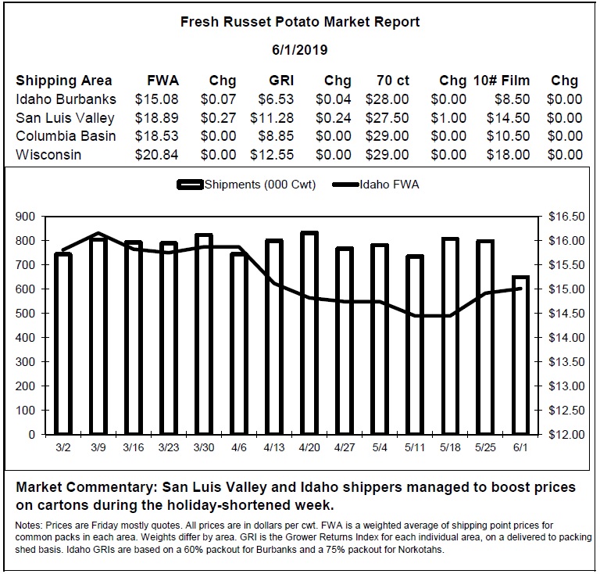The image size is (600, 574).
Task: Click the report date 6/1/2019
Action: coord(300,50)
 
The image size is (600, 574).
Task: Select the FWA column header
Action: coord(163,81)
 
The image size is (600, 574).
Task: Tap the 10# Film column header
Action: coord(502,81)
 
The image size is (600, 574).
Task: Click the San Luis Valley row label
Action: coord(65,118)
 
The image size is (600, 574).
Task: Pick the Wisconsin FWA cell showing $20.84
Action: coord(156,155)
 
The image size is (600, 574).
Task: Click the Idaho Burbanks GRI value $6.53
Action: coord(276,99)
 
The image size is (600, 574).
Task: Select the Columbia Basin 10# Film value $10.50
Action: coord(508,136)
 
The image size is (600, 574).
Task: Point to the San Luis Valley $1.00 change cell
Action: coord(448,118)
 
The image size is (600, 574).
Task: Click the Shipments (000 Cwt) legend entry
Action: coord(246,185)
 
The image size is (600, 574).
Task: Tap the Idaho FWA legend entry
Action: coord(376,185)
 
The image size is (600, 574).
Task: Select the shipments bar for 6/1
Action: coord(520,355)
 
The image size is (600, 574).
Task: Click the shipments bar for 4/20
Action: coord(309,333)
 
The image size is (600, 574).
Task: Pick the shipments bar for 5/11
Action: coord(415,345)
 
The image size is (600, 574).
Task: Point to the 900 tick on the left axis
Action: coord(25,217)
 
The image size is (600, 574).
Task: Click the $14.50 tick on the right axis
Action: coord(566,314)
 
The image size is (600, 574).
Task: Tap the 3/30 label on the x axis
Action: coord(204,447)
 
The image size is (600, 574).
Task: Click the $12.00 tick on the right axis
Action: coord(566,435)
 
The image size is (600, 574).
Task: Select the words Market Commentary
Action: coord(86,487)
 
